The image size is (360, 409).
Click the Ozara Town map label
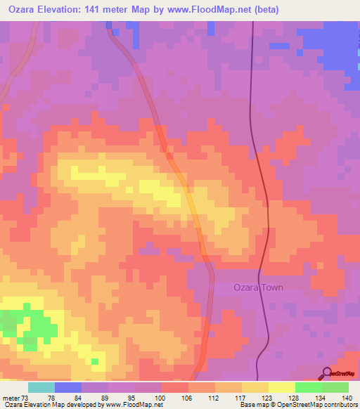(260, 287)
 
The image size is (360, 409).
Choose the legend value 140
(346, 398)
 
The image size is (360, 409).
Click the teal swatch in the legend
(41, 387)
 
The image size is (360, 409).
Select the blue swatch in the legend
(68, 387)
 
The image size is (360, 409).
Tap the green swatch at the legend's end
(335, 387)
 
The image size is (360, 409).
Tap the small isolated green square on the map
(94, 361)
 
